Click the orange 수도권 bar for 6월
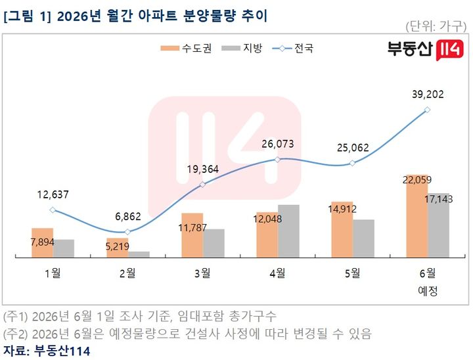[x=417, y=215]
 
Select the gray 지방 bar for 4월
[x=288, y=231]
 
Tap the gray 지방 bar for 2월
[x=139, y=254]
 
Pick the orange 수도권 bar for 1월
[x=42, y=242]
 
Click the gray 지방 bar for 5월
[x=363, y=238]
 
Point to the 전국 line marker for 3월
[x=203, y=185]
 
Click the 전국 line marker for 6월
[x=427, y=110]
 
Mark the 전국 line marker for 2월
[x=127, y=232]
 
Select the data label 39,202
[x=428, y=95]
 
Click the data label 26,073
[x=277, y=144]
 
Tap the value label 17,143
[x=439, y=199]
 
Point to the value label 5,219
[x=118, y=246]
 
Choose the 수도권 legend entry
[x=186, y=48]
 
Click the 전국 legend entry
[x=293, y=48]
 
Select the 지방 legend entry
[x=242, y=48]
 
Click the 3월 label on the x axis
[x=202, y=273]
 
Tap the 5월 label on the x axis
[x=352, y=273]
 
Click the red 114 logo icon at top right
[x=449, y=50]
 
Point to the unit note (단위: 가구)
[x=436, y=26]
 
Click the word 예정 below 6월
[x=428, y=291]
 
